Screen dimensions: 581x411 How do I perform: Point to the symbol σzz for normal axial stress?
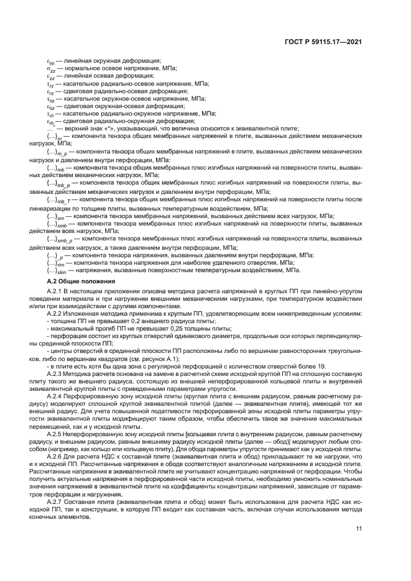pos(52,70)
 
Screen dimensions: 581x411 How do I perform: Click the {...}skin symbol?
pos(57,270)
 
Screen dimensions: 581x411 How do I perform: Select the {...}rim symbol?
pos(56,263)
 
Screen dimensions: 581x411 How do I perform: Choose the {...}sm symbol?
pos(56,217)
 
